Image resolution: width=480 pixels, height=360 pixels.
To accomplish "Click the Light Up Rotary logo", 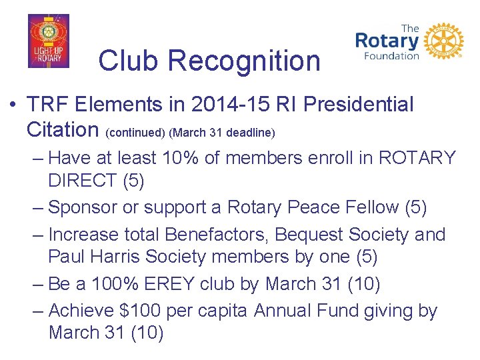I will (x=48, y=41).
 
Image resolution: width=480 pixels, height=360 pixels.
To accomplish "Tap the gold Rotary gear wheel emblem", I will (x=444, y=41).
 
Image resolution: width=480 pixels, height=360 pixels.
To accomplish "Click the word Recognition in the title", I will (x=244, y=61).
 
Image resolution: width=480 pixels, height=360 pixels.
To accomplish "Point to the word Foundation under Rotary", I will (x=391, y=57).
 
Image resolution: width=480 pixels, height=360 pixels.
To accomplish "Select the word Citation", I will (x=64, y=129).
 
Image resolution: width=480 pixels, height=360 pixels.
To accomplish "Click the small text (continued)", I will (x=136, y=132).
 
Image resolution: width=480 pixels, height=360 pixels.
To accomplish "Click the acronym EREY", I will (x=171, y=285).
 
